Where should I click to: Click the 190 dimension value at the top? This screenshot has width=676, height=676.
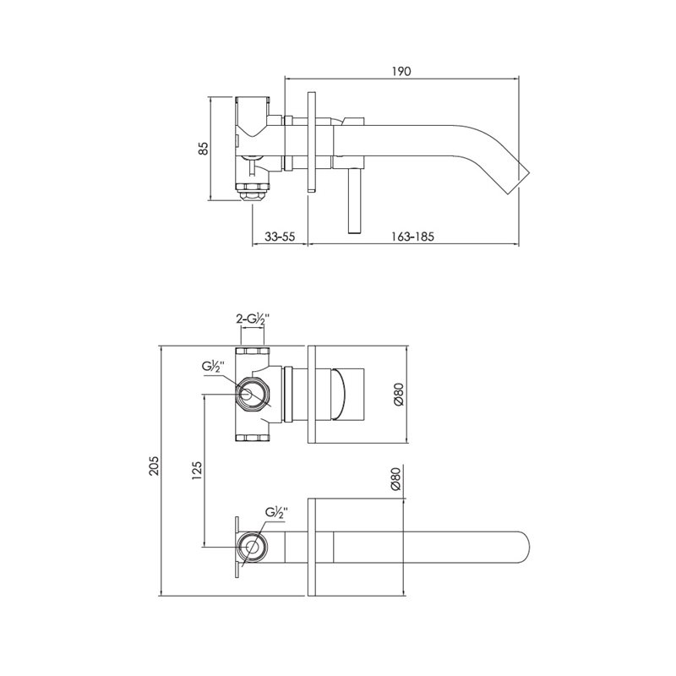point(401,71)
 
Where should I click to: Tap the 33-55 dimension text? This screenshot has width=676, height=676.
point(280,237)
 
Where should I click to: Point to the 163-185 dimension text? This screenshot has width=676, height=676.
point(412,237)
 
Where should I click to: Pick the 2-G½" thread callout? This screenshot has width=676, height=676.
point(252,319)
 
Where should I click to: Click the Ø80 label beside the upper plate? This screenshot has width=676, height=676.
point(398,395)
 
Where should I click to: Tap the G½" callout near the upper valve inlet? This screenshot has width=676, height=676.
point(214,368)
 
